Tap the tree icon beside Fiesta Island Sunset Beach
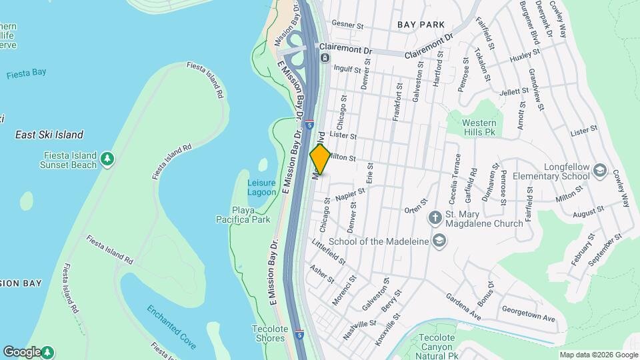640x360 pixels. [x=107, y=159]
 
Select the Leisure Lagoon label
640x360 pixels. [x=261, y=187]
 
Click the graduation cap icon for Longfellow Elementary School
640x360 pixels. [x=599, y=171]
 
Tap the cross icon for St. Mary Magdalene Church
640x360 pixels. [x=435, y=217]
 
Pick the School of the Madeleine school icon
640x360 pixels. [x=439, y=241]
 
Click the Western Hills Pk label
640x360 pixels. [x=479, y=128]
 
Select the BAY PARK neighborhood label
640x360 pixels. [x=421, y=25]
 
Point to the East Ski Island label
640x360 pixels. [x=49, y=135]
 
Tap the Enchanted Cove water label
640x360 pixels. [x=171, y=327]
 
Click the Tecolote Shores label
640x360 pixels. [x=270, y=333]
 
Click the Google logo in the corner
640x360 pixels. [x=21, y=351]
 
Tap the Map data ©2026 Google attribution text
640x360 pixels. [x=598, y=355]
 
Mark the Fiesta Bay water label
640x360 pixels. [x=25, y=75]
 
